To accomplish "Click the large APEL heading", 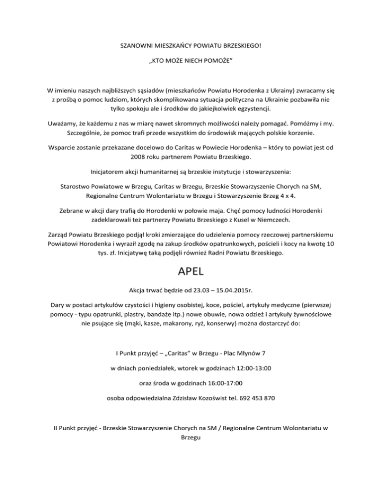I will [x=191, y=273].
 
